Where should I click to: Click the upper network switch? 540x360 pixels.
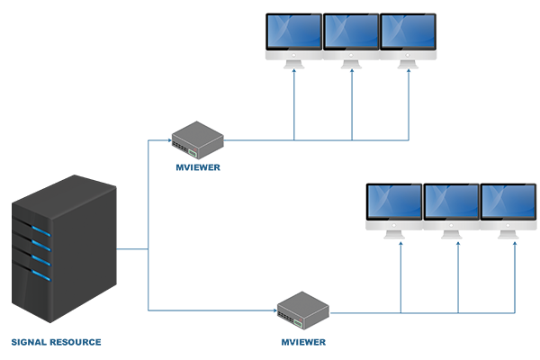[198, 137]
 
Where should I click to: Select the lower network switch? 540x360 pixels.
[301, 310]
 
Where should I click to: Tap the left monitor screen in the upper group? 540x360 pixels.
[293, 31]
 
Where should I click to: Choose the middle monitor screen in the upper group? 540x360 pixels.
[351, 31]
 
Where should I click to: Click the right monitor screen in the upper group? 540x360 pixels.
[408, 31]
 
